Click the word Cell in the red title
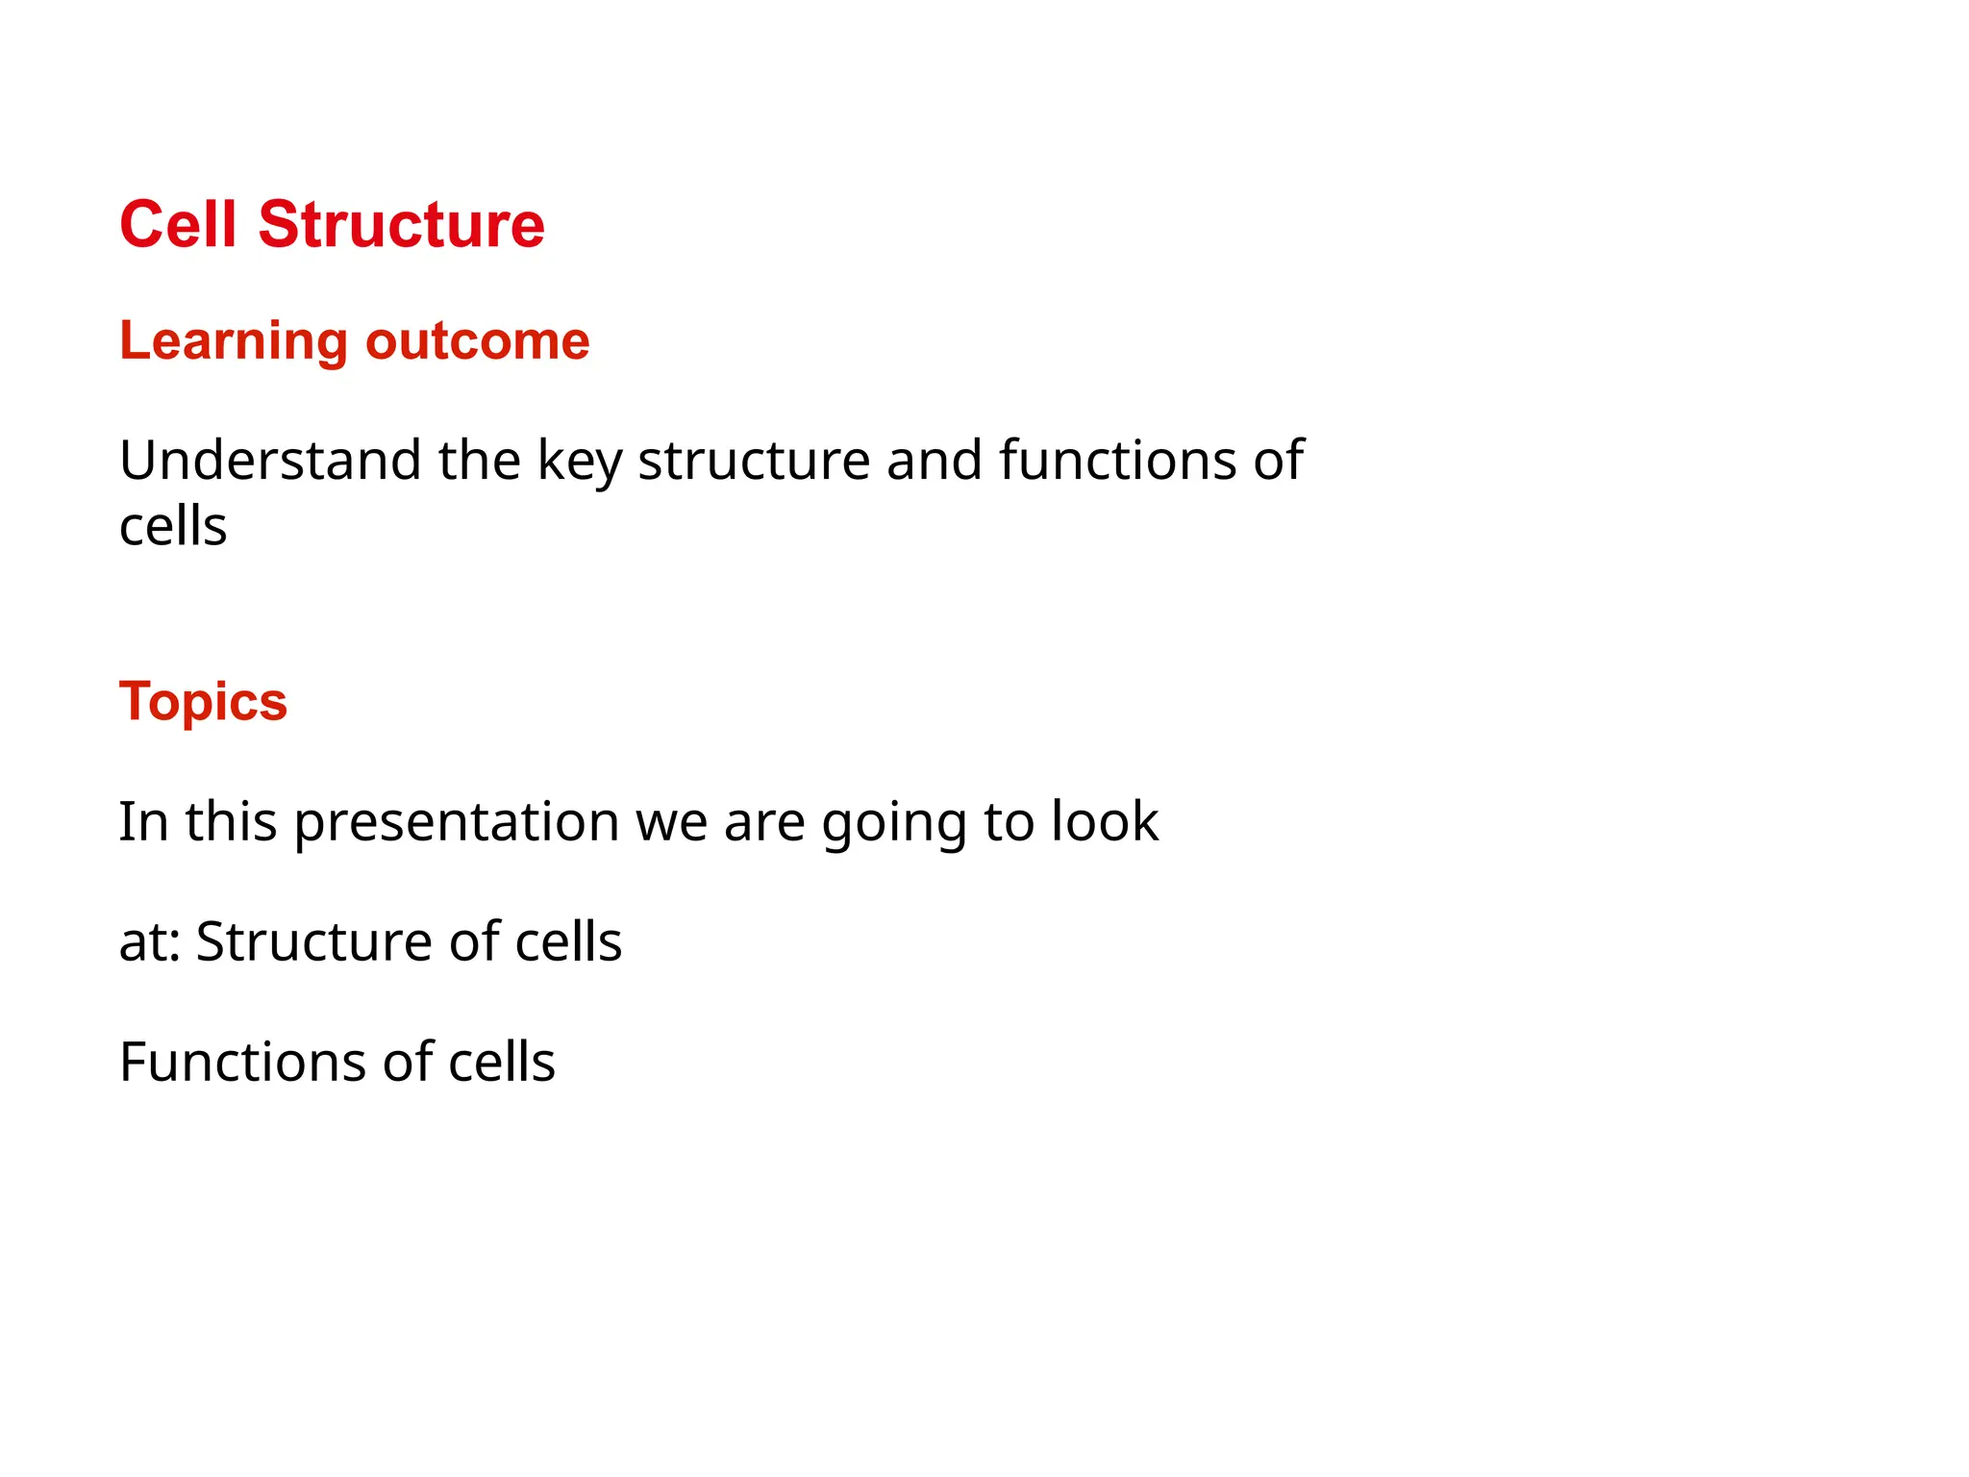178,225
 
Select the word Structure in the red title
401,225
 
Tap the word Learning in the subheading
234,341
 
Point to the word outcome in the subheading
477,341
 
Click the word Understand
270,461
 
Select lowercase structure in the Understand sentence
754,461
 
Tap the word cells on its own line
173,527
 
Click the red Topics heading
203,702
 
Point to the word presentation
456,823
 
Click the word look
1105,822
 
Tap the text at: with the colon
150,942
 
